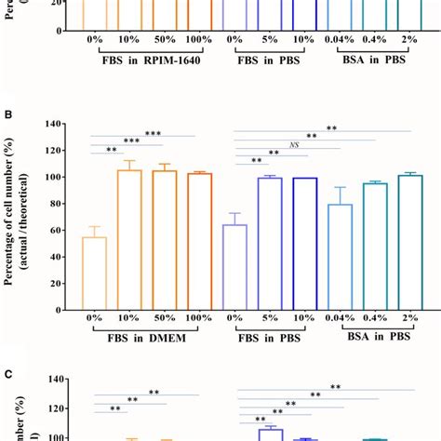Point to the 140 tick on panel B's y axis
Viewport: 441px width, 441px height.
point(55,124)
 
